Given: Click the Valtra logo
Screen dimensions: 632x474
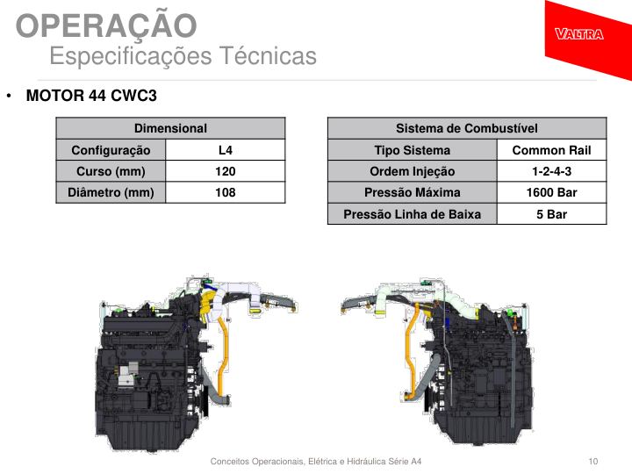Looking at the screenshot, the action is point(578,34).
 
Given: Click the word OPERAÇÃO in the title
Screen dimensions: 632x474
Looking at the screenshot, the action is point(106,25).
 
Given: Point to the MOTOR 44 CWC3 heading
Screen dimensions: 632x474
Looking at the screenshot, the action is point(91,96).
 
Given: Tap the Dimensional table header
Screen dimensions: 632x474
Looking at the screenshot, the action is point(170,128).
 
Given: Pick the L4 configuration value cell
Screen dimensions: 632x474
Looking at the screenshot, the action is point(226,150).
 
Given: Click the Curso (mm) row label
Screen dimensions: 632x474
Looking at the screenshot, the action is point(111,171).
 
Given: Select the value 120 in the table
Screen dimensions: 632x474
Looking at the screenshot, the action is point(226,171).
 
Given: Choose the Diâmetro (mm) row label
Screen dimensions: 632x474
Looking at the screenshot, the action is point(111,192).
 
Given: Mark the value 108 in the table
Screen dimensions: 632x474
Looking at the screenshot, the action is point(226,192).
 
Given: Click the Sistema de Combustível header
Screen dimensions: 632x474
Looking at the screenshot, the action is point(467,128).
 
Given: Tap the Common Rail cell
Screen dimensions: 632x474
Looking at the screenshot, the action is point(552,150).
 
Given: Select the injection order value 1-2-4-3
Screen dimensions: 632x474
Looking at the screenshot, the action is point(552,171).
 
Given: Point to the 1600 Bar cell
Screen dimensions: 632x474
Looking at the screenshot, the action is point(552,192).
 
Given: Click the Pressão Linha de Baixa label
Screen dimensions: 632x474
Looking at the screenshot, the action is point(413,214).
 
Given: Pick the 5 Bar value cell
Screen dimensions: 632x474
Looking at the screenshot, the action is point(552,214).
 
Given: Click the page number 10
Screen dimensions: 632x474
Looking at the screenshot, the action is point(592,461).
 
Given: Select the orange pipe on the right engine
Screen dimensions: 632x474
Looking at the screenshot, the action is point(410,355).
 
